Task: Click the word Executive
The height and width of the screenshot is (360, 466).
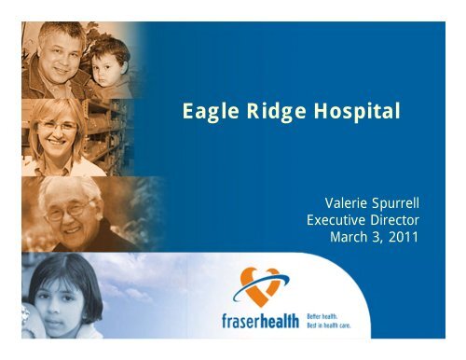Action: click(338, 220)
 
